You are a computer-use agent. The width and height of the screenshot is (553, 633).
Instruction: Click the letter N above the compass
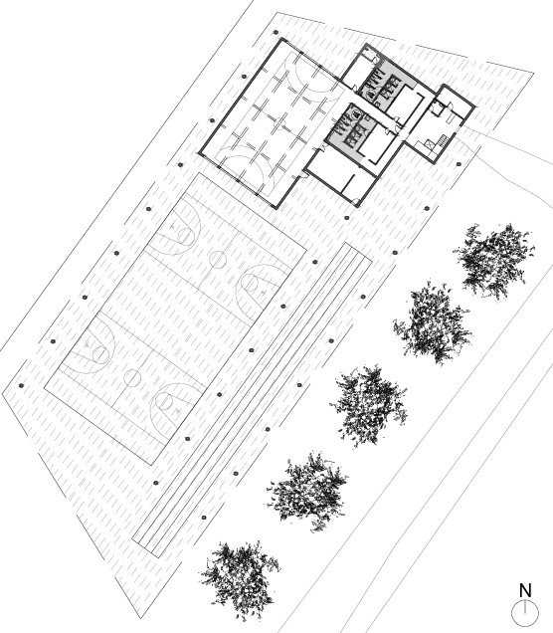pyautogui.click(x=525, y=590)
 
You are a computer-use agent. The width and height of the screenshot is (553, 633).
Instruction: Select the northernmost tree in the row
pyautogui.click(x=495, y=261)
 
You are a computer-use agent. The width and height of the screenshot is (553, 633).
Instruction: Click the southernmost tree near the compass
pyautogui.click(x=239, y=579)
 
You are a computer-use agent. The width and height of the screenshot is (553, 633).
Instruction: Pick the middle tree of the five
pyautogui.click(x=369, y=406)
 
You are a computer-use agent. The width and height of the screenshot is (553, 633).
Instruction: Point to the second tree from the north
pyautogui.click(x=433, y=322)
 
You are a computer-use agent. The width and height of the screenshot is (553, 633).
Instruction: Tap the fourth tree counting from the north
pyautogui.click(x=307, y=492)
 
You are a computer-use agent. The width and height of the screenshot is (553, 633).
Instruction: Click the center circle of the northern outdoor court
pyautogui.click(x=218, y=260)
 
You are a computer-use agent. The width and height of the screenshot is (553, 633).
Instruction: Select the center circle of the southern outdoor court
pyautogui.click(x=132, y=378)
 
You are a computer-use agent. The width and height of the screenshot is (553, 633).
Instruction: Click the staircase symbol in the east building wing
pyautogui.click(x=444, y=141)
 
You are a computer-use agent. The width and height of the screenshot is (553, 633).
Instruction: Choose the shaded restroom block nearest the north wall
pyautogui.click(x=385, y=84)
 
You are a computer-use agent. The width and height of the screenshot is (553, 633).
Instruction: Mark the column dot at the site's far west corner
pyautogui.click(x=21, y=385)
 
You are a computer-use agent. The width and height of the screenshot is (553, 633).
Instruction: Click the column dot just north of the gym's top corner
pyautogui.click(x=276, y=32)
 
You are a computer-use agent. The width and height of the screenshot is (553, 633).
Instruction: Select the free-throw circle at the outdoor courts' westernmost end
pyautogui.click(x=100, y=355)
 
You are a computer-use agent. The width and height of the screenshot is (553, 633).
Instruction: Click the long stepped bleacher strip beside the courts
pyautogui.click(x=252, y=400)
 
